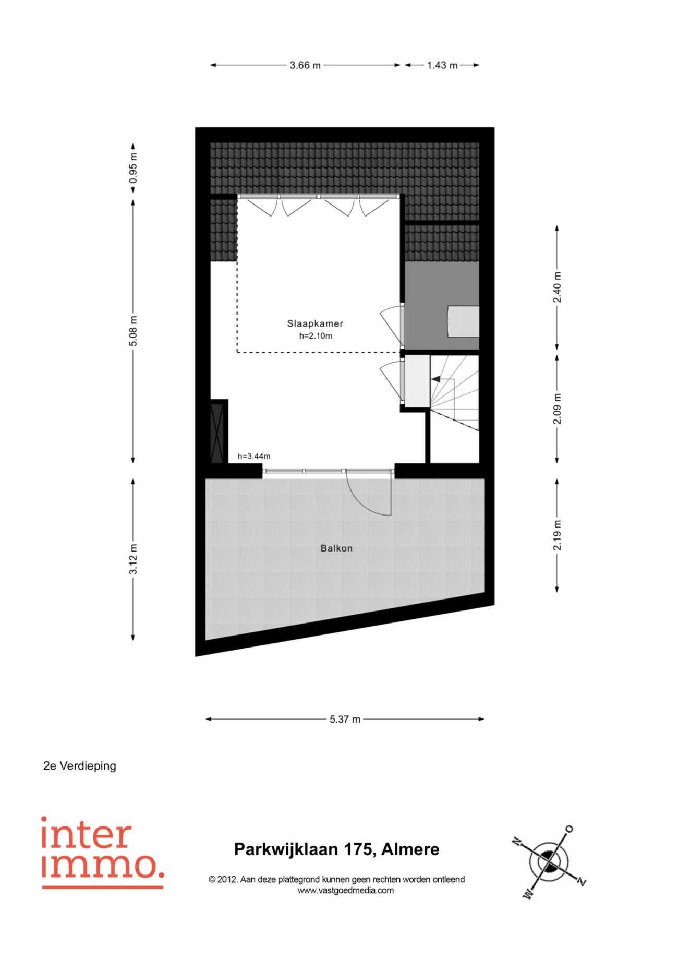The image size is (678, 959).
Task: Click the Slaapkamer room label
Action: point(315,323)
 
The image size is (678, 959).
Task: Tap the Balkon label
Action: point(336,548)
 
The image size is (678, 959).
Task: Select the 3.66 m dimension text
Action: point(305,65)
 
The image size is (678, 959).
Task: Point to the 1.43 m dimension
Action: point(442,65)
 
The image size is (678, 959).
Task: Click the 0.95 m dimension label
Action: point(134,167)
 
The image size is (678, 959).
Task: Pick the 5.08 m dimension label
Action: point(134,331)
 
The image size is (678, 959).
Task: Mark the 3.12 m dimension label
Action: point(134,559)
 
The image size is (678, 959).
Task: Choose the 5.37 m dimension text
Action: point(345,719)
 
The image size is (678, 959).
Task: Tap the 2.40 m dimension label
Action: point(558,287)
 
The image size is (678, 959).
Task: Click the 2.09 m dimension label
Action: point(558,409)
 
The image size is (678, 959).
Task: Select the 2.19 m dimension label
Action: point(558,535)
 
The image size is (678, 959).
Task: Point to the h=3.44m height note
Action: point(254,456)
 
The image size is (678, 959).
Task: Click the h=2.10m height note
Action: point(316,336)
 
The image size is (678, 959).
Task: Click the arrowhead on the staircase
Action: point(435,379)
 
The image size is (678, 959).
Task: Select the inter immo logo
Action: point(103,853)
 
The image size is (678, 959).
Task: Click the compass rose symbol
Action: point(549,862)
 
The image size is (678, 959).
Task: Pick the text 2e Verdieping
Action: point(80,766)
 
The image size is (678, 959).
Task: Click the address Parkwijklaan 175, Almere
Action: point(336,849)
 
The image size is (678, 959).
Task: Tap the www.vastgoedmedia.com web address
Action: point(346,891)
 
